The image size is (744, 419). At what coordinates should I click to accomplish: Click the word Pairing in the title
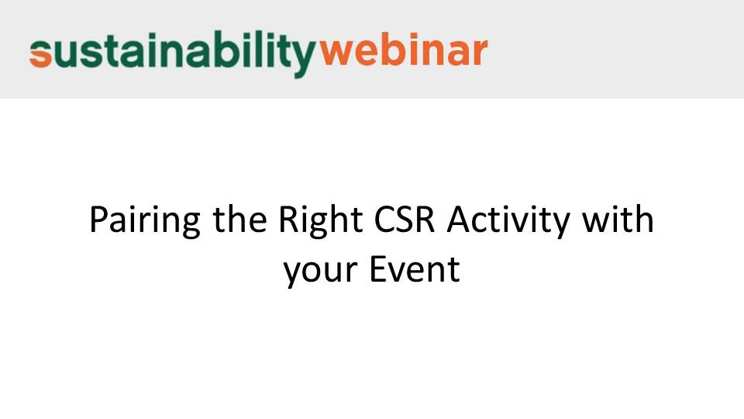point(145,220)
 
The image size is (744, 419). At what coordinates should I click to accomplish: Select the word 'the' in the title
point(239,219)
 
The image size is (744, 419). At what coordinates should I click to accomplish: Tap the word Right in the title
point(320,220)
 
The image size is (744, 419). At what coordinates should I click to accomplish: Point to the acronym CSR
point(405,220)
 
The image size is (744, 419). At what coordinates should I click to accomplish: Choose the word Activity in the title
point(508,220)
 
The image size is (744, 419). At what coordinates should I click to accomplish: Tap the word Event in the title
point(415,269)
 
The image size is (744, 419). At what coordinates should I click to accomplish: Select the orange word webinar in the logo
point(403,50)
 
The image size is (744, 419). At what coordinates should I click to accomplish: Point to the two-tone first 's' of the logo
point(40,54)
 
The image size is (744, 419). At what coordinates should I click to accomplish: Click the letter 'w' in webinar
point(336,54)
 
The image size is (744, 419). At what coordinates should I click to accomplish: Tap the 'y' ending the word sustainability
point(301,60)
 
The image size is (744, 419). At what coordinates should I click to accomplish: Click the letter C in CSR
point(385,220)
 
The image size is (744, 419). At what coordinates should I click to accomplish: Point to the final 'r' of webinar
point(480,54)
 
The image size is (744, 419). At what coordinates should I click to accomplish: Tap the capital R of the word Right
point(288,220)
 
